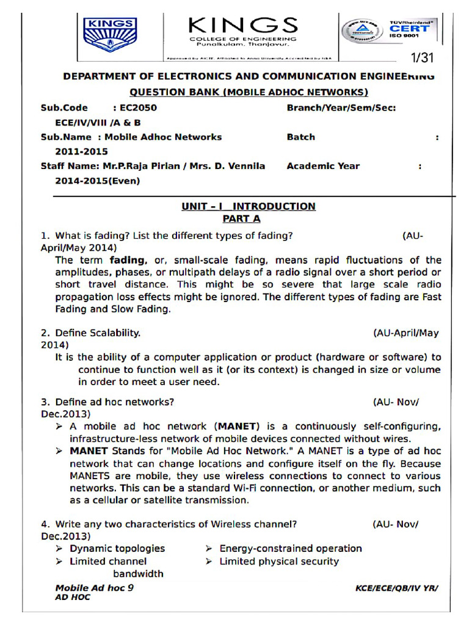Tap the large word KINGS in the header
[244, 26]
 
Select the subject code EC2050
[129, 108]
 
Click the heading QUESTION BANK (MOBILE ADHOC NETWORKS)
[249, 93]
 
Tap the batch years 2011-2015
[81, 151]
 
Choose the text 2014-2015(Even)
[97, 181]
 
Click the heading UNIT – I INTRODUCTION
[249, 206]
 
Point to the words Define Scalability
[98, 333]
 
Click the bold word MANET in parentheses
[238, 426]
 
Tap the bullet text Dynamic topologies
[117, 549]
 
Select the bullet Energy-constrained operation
[291, 549]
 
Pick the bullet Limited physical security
[279, 562]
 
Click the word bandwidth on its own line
[138, 574]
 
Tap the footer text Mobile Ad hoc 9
[95, 588]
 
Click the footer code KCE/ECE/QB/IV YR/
[397, 588]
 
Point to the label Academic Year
[323, 166]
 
